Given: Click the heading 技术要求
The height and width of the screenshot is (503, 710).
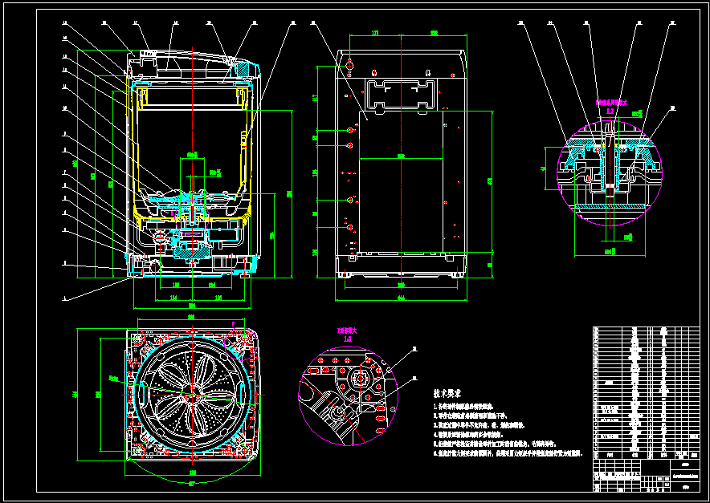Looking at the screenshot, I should click(x=447, y=395).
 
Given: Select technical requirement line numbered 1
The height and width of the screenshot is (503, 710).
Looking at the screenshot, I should click(x=474, y=408).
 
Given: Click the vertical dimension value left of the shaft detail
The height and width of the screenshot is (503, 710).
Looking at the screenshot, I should click(x=545, y=168).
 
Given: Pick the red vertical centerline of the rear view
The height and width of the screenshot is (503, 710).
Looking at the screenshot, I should click(x=400, y=160).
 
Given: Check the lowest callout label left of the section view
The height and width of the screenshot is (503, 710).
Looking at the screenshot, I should click(x=65, y=297).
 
